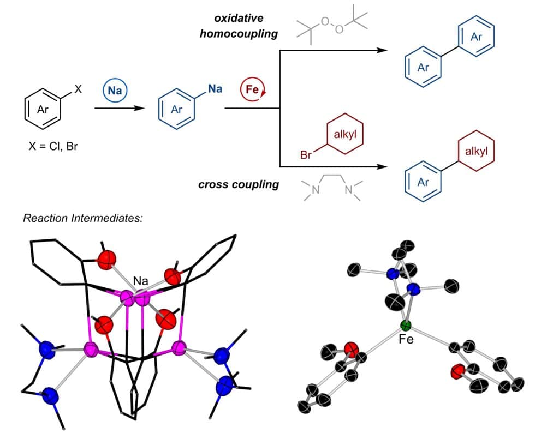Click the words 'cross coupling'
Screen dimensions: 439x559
point(239,184)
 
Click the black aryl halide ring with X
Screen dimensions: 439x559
point(42,110)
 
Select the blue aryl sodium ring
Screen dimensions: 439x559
point(177,110)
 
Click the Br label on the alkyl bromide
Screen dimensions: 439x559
point(308,155)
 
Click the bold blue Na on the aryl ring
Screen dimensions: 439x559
point(215,88)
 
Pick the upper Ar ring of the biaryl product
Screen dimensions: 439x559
point(475,37)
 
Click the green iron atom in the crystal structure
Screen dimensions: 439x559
point(405,327)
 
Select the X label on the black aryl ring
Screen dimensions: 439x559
point(78,89)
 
